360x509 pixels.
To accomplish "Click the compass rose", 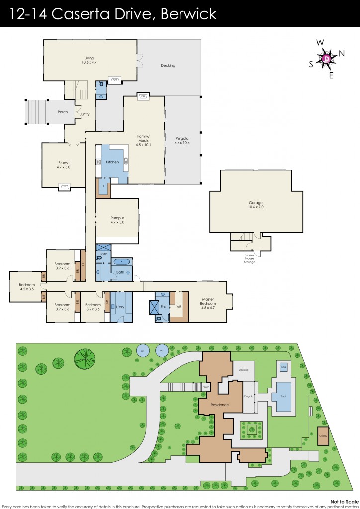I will [x=326, y=59].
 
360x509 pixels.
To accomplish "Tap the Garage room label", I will [x=255, y=203].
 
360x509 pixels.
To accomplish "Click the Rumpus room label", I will [x=117, y=218].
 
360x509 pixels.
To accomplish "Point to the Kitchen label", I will [x=112, y=162].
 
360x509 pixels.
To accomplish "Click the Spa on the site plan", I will [x=284, y=366].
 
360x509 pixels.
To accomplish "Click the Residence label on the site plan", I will [x=219, y=405].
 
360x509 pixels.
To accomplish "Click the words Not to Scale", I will [x=343, y=501].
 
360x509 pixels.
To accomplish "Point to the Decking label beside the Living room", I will [x=168, y=65].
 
